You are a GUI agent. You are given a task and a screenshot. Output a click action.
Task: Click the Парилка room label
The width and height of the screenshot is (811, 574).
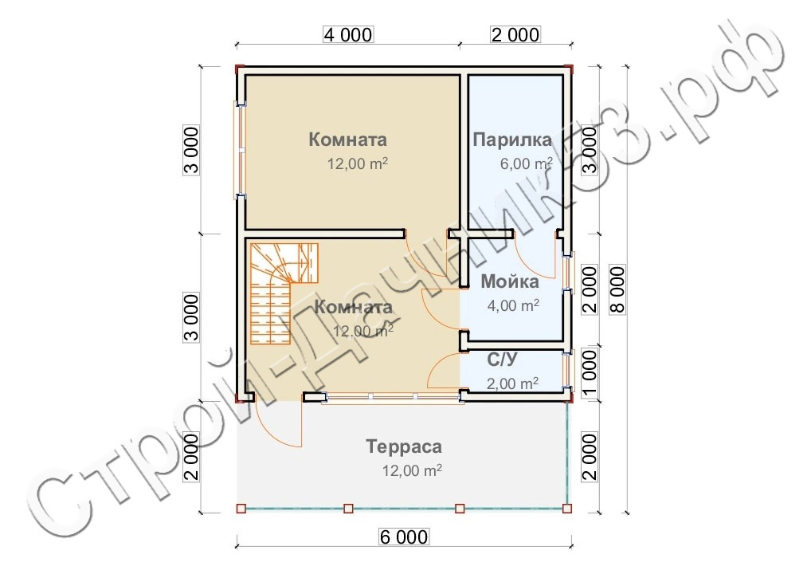[512, 140]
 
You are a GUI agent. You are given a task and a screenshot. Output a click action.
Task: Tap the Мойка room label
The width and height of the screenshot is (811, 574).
[510, 281]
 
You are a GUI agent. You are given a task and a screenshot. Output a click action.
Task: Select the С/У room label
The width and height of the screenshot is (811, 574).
[502, 360]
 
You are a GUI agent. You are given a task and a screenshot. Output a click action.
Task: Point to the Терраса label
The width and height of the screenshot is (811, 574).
[404, 446]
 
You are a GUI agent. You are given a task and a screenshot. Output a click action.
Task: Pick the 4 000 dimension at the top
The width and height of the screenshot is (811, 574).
[347, 34]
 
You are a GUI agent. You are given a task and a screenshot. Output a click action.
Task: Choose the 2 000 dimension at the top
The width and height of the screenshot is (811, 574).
[515, 34]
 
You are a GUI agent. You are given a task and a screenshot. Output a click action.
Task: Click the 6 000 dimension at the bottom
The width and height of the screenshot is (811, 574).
[404, 537]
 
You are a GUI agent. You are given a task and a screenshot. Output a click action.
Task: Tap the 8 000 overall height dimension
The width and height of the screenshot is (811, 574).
[617, 290]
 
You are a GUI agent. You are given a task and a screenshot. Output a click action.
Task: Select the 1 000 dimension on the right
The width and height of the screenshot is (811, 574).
[589, 372]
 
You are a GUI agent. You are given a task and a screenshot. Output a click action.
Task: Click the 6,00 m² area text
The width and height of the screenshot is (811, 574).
[526, 163]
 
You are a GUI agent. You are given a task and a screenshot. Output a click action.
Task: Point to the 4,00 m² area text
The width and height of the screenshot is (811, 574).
[513, 305]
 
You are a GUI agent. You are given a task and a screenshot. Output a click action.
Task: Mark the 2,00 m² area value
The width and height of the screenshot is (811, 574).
[512, 383]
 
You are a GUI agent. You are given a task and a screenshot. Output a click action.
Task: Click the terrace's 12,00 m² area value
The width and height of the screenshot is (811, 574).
[412, 470]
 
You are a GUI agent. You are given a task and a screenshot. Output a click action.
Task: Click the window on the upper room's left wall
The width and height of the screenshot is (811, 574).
[241, 151]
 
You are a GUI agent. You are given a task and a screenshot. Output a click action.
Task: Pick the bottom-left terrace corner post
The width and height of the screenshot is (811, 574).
[241, 509]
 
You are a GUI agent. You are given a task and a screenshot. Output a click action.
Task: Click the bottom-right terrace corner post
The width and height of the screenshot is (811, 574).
[567, 509]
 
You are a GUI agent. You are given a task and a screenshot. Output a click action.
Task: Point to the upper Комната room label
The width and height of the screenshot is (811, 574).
[347, 140]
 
